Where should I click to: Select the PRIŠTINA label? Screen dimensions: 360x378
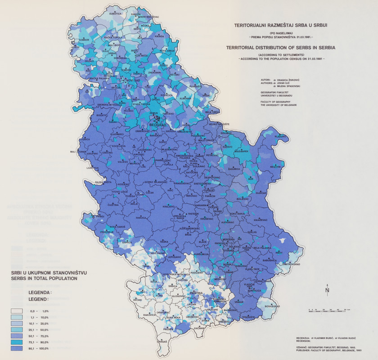(196, 293)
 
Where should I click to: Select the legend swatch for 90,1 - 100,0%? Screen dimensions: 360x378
(17, 349)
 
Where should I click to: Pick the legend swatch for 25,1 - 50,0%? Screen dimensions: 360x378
(17, 330)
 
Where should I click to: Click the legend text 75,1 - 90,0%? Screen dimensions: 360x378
(39, 342)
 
